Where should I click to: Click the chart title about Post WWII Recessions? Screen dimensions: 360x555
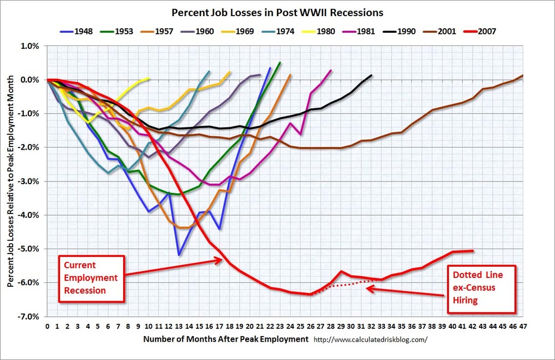click(x=277, y=12)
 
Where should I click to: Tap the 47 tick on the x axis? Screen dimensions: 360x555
click(x=523, y=327)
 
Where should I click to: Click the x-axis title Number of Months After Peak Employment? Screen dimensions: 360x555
click(x=225, y=338)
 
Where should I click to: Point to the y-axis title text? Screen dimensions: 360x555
click(x=11, y=181)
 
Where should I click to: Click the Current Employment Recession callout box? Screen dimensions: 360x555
click(x=92, y=277)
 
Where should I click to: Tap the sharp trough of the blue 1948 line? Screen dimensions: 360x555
click(x=179, y=255)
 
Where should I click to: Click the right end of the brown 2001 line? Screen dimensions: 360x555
click(x=523, y=75)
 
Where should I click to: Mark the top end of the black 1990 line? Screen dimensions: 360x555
click(x=371, y=75)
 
